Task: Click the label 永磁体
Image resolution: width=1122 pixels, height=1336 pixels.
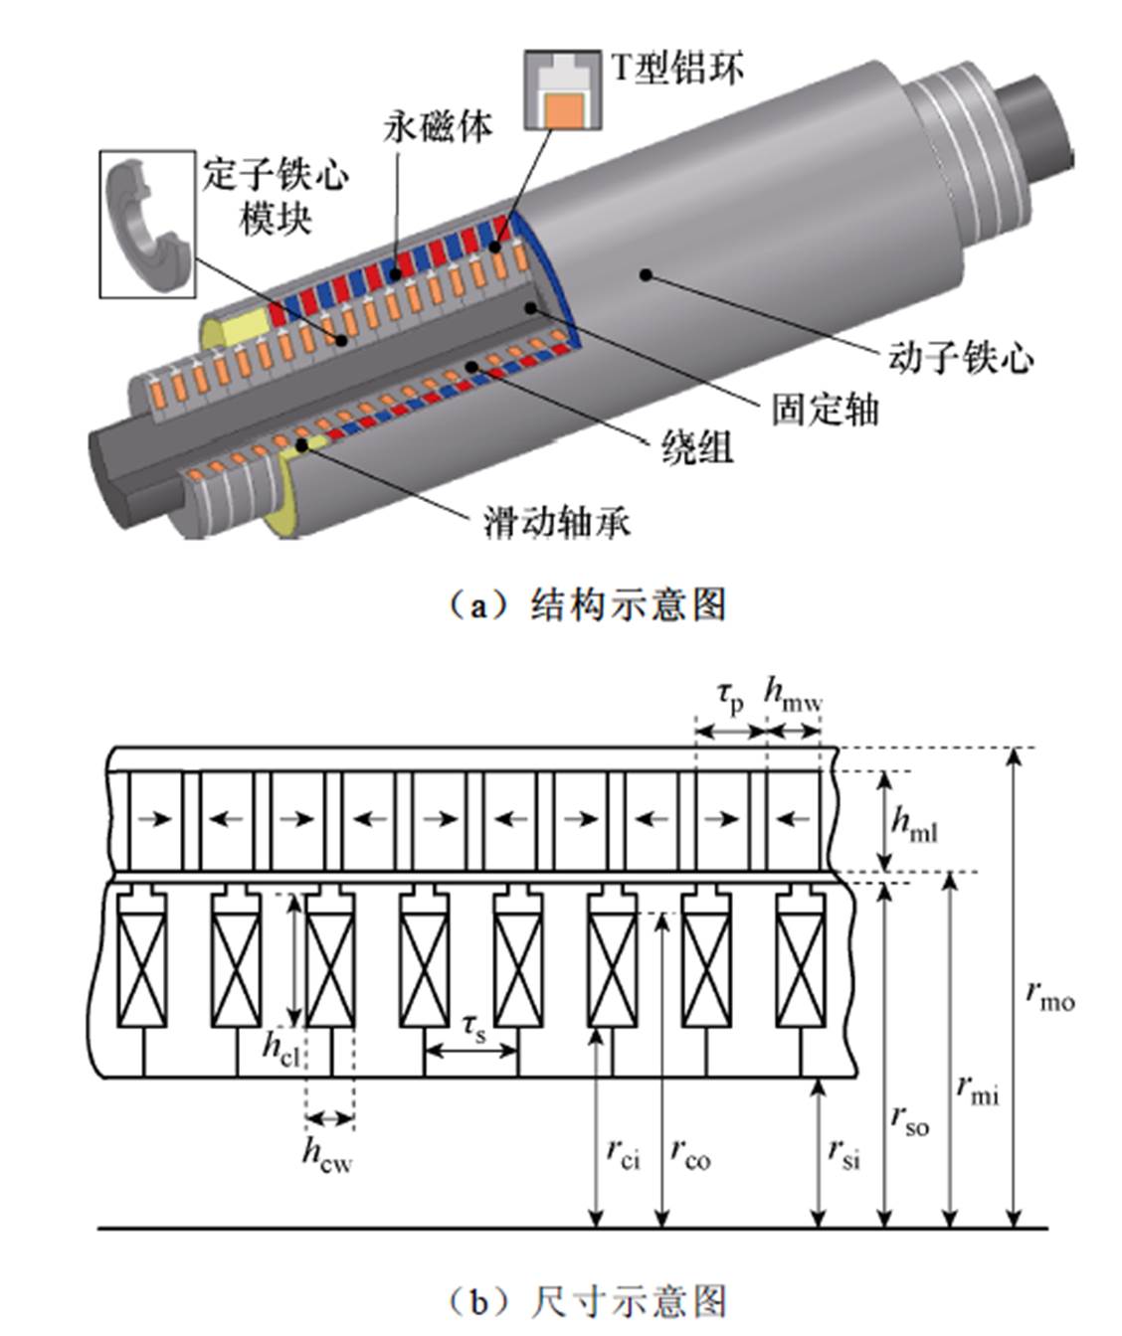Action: click(x=438, y=126)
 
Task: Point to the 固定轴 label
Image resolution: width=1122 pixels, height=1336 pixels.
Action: click(x=826, y=409)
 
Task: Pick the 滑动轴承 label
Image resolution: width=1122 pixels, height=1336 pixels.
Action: click(x=556, y=522)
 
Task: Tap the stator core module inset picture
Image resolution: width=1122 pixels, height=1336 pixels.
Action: click(x=147, y=224)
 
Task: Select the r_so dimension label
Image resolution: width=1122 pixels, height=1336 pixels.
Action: click(x=909, y=1120)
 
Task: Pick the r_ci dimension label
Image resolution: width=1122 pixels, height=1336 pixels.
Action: click(x=624, y=1153)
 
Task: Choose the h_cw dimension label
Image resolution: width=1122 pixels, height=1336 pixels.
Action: click(x=327, y=1155)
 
